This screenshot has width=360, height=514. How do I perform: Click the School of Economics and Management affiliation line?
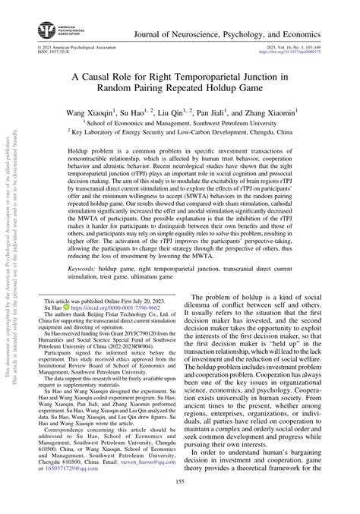pyautogui.click(x=181, y=121)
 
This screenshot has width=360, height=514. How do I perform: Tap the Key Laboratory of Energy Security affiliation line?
pyautogui.click(x=181, y=131)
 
